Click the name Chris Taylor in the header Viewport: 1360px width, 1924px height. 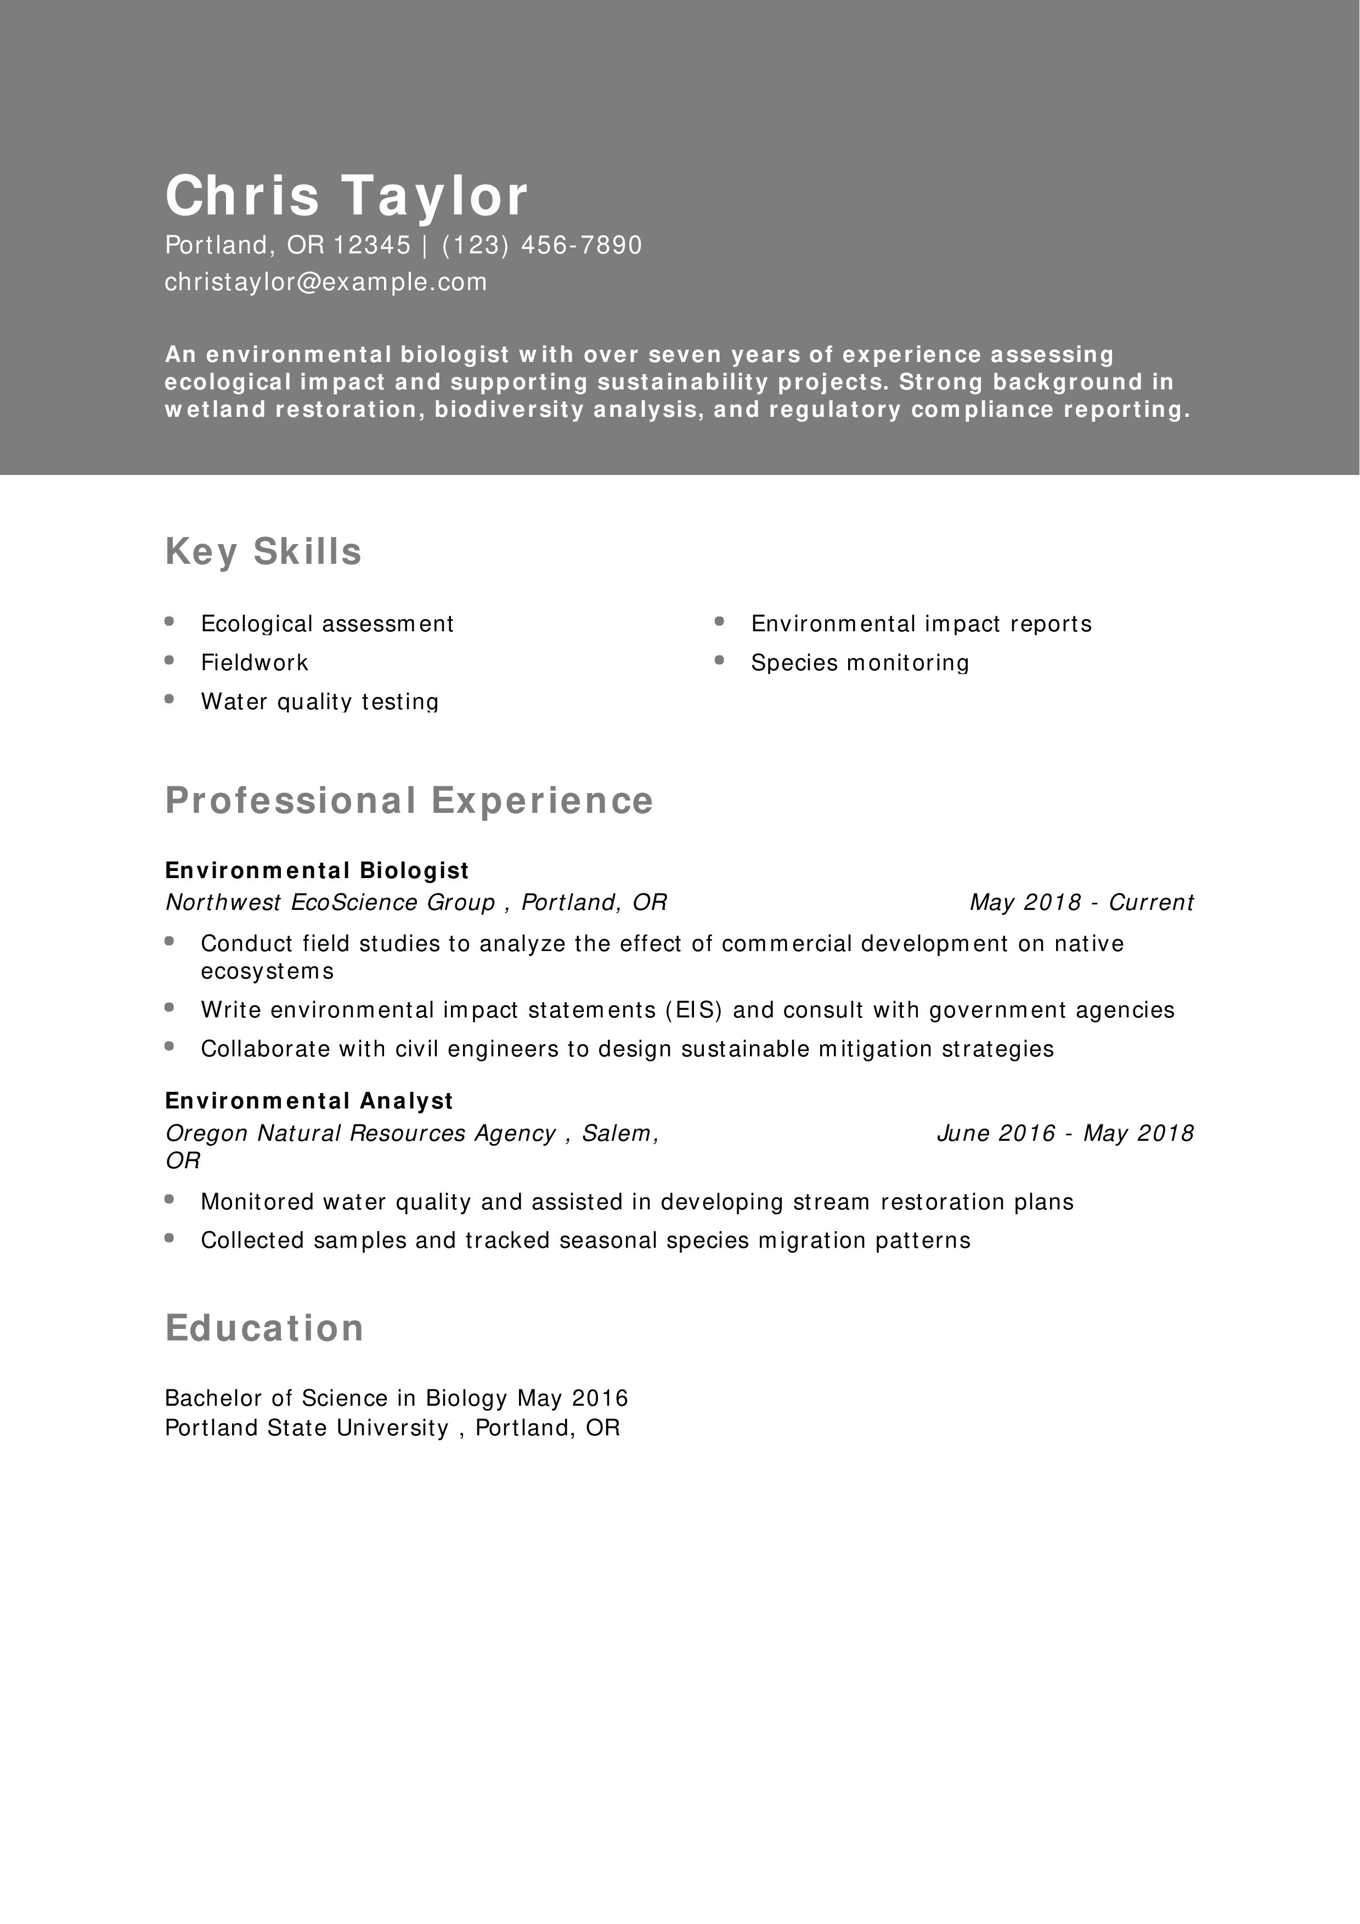[x=346, y=195]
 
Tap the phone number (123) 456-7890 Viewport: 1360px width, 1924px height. [x=541, y=245]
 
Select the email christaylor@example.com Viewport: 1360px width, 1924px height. [x=326, y=281]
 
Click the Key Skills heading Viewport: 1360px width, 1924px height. [x=263, y=551]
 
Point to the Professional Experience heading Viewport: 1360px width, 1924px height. [x=409, y=800]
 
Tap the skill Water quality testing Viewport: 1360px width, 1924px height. [x=319, y=701]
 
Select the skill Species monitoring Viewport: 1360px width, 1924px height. [x=860, y=663]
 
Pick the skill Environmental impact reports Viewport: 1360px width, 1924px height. [x=921, y=624]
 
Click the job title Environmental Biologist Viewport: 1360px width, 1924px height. [x=317, y=870]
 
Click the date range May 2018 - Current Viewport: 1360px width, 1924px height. [x=1081, y=903]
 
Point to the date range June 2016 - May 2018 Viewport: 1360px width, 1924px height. [x=1064, y=1133]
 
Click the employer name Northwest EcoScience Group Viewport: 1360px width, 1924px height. [x=330, y=903]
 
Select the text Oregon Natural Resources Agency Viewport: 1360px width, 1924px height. [x=360, y=1133]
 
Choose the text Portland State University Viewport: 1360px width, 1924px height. [x=307, y=1428]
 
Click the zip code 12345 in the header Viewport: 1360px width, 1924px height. [x=372, y=245]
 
